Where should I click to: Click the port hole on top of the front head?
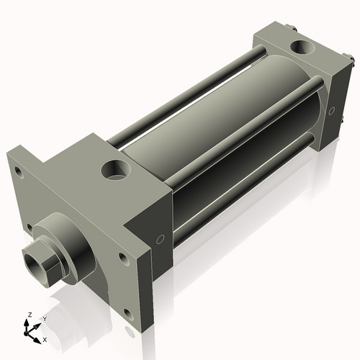(x=116, y=171)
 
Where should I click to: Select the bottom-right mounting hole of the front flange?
(x=128, y=313)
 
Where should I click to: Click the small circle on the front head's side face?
(x=161, y=238)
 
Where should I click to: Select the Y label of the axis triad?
(x=44, y=318)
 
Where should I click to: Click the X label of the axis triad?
(x=45, y=338)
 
